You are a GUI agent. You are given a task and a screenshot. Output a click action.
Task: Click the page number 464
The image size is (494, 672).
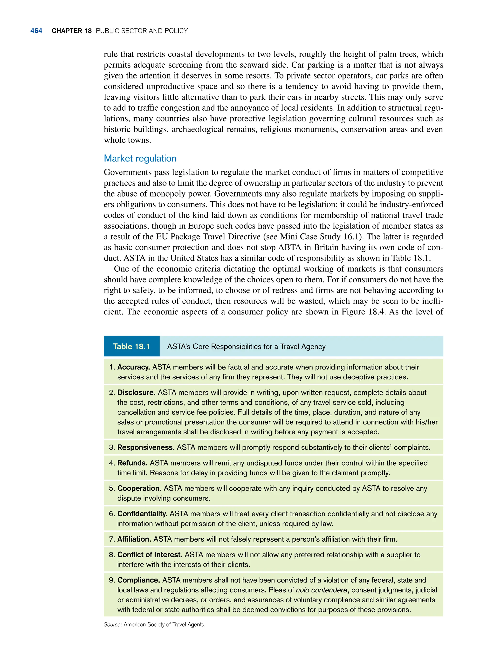coord(36,31)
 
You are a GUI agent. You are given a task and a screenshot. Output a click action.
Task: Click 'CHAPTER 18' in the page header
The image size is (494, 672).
coord(71,31)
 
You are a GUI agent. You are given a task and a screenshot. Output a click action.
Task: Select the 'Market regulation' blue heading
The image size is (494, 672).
coord(140,158)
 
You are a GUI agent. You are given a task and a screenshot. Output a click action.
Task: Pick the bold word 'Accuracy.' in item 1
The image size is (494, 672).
coord(133,367)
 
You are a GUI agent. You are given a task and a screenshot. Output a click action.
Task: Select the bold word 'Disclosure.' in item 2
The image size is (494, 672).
coord(136,392)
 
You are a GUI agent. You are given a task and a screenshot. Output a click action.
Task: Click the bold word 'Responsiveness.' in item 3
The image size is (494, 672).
coord(146,447)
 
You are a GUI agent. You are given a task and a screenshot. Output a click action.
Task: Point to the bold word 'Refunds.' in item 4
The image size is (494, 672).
coord(132,463)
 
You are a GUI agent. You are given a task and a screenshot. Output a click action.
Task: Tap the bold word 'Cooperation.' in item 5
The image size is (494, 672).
coord(139,488)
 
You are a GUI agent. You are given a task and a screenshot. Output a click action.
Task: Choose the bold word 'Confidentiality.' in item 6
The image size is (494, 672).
coord(142,514)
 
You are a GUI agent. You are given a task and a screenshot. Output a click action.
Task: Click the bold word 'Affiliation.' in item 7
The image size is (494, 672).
coord(134,539)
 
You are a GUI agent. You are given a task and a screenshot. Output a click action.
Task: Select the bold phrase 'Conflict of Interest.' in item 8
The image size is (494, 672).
coord(150,555)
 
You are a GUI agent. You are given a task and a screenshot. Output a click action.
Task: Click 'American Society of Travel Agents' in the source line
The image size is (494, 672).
coord(164,625)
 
